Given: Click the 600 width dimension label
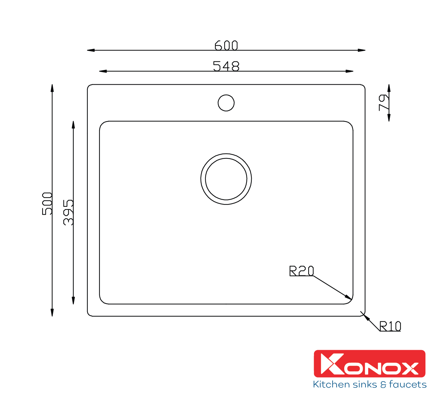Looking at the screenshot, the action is click(x=226, y=45).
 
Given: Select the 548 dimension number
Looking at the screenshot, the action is click(x=226, y=66).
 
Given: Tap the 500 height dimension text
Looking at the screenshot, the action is click(x=47, y=203).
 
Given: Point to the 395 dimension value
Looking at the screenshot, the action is click(x=68, y=213).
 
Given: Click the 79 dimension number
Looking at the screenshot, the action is click(x=384, y=103).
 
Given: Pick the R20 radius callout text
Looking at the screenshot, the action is click(x=301, y=271).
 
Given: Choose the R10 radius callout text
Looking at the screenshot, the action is click(x=390, y=326).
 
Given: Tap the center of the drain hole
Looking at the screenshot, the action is click(x=226, y=179).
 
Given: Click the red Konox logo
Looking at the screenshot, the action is click(x=370, y=364).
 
